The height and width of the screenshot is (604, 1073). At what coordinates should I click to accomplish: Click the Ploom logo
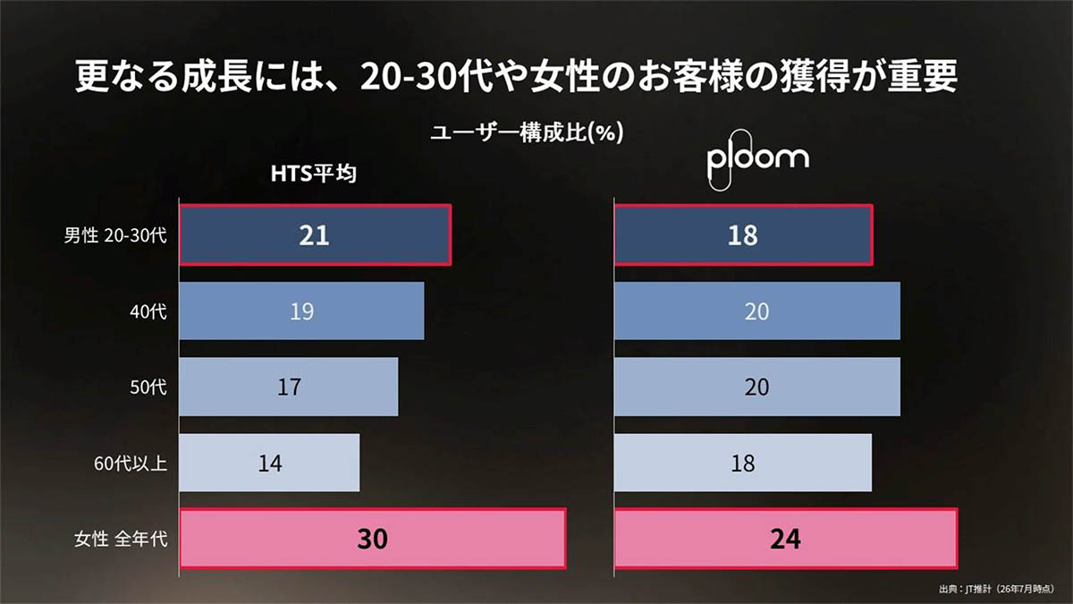point(758,159)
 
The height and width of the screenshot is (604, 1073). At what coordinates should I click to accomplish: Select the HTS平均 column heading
point(314,174)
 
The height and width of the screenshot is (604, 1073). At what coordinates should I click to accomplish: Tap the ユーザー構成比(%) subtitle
point(527,132)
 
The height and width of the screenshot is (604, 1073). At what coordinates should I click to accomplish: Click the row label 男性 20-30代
point(115,235)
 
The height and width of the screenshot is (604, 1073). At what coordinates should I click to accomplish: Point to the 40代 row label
point(148,311)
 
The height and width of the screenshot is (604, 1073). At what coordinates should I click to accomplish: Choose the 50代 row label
point(148,387)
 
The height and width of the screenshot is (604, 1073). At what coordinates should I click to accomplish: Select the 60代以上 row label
point(131,464)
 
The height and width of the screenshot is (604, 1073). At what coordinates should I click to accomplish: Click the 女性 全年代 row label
point(121,539)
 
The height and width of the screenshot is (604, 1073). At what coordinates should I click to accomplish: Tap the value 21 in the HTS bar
point(314,235)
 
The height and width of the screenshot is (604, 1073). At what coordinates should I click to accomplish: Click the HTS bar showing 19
point(302,311)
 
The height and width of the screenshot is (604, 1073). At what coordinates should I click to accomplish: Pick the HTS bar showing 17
point(289,387)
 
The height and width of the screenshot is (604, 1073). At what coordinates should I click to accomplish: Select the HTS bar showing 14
point(270,463)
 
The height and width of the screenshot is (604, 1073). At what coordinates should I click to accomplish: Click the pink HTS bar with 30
point(373,539)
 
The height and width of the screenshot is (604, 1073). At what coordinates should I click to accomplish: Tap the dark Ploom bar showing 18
point(743,234)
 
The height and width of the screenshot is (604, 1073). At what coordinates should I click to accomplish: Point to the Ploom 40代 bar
point(757,311)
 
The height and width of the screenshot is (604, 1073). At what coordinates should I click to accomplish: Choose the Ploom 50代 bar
point(757,387)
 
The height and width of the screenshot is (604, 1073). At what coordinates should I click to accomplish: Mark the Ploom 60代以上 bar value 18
point(743,464)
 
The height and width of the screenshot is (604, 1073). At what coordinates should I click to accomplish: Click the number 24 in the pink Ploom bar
point(786,539)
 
